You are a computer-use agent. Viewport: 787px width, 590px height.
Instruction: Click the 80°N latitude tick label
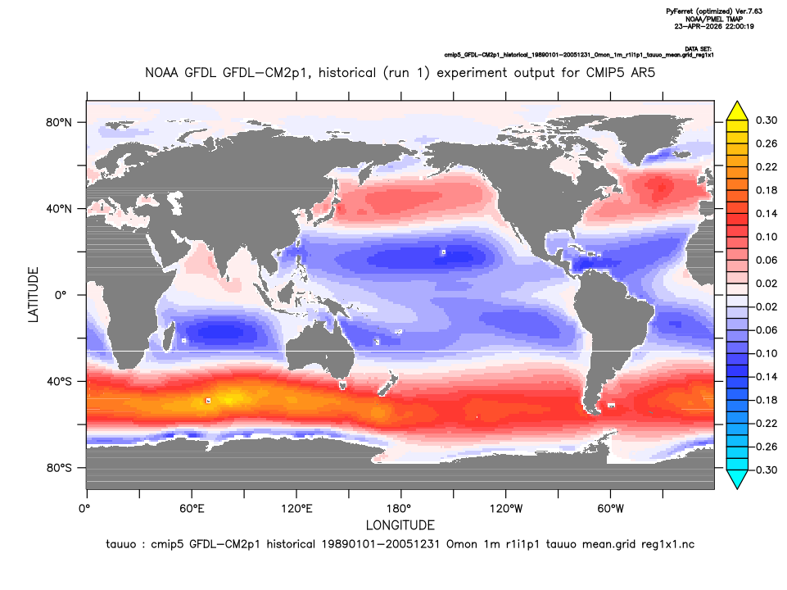59,123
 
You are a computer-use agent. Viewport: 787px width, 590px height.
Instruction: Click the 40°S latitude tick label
59,382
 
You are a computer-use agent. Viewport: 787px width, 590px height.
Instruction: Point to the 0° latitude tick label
61,295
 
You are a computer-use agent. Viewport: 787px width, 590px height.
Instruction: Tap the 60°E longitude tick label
192,509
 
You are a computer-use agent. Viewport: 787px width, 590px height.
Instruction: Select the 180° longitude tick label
401,509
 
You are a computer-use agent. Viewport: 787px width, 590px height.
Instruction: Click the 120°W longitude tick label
506,509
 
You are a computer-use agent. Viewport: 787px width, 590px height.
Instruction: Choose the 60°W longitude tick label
611,509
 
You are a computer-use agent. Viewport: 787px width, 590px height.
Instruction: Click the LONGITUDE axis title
400,525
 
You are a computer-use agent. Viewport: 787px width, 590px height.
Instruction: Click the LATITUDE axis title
33,295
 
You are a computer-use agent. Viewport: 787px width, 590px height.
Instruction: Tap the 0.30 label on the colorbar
766,120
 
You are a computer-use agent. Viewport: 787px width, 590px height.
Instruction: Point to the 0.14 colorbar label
766,213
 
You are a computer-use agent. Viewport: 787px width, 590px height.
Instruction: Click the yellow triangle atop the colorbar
737,111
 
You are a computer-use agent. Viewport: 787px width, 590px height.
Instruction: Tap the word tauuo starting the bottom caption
120,544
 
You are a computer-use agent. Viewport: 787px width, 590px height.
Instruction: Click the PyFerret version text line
714,11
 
